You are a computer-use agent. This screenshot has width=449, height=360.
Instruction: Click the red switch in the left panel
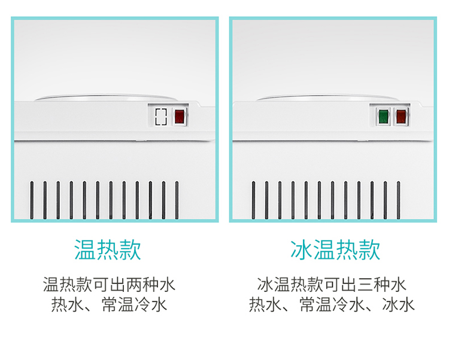[180, 117]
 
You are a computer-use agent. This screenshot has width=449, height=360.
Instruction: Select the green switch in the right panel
[383, 117]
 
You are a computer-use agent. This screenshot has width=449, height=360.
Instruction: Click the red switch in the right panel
[401, 117]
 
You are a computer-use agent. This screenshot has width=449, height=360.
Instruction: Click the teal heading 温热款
[108, 250]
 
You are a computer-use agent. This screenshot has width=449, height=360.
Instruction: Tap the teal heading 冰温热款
[335, 250]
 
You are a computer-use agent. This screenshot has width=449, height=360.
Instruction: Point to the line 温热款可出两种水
[109, 285]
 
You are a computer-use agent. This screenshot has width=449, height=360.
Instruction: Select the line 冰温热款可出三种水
[332, 285]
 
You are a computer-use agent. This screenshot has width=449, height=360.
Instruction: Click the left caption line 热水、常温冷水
[109, 304]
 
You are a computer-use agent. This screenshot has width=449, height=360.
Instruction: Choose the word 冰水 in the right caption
[398, 304]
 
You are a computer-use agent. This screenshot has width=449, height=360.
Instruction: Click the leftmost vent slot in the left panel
[32, 200]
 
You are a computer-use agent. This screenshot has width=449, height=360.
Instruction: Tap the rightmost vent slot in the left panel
[177, 200]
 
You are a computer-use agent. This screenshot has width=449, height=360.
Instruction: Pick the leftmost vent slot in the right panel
[253, 200]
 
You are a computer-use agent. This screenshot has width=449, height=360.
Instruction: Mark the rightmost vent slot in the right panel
[398, 200]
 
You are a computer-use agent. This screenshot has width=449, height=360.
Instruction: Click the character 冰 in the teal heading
[301, 250]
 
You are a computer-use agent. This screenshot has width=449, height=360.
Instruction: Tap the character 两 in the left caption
[134, 285]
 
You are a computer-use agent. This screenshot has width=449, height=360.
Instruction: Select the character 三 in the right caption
[365, 285]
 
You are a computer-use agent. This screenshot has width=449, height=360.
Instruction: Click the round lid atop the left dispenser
[106, 98]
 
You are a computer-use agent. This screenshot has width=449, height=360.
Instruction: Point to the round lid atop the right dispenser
[327, 98]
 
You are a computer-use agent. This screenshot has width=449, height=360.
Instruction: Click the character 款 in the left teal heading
[131, 250]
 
